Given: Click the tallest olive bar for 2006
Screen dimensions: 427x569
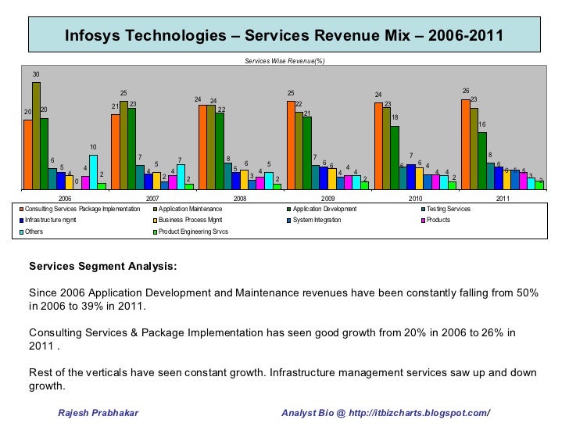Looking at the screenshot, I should pyautogui.click(x=36, y=135).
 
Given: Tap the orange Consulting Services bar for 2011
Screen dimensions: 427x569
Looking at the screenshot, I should pyautogui.click(x=465, y=144).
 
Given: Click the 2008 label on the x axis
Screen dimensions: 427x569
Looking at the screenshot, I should pyautogui.click(x=241, y=199).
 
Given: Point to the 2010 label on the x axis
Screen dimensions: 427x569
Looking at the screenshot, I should pyautogui.click(x=415, y=199).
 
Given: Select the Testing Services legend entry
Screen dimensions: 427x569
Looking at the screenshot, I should pyautogui.click(x=449, y=210).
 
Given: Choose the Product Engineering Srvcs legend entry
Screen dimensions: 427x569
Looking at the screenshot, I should pyautogui.click(x=193, y=232).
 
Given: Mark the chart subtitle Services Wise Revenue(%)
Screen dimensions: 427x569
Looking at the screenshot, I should pyautogui.click(x=284, y=60).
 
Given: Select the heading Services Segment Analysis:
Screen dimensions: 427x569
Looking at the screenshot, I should pyautogui.click(x=103, y=266).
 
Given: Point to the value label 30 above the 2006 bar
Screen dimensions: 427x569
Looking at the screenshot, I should pyautogui.click(x=36, y=75).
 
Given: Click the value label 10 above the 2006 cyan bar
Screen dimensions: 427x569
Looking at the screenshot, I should pyautogui.click(x=93, y=147).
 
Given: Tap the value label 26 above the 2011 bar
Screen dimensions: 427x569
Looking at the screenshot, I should pyautogui.click(x=466, y=91).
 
